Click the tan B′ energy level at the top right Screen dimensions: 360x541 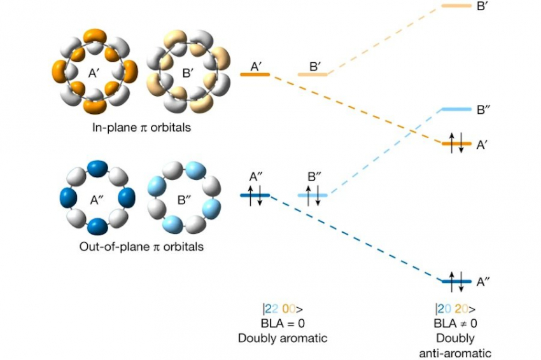tap(456, 6)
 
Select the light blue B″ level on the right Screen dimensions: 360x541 tap(456, 109)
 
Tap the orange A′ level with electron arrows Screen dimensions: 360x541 tap(456, 144)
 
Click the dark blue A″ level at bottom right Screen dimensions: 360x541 tap(456, 280)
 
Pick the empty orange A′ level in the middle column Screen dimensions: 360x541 tap(255, 74)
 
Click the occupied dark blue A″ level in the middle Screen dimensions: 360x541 tap(255, 195)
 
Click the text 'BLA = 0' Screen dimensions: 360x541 tap(282, 323)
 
